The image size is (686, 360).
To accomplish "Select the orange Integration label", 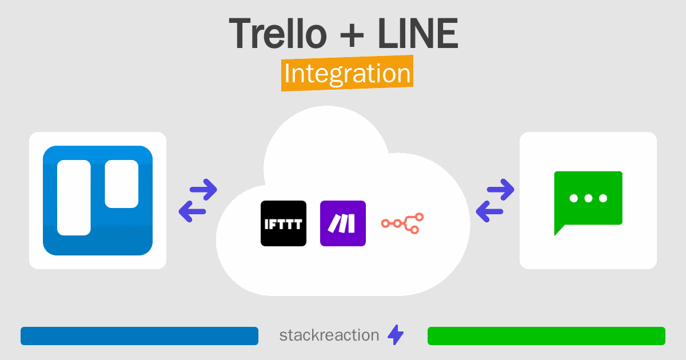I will (x=347, y=74).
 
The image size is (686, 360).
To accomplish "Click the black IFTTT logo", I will (x=283, y=223).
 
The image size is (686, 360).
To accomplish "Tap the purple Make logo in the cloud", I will (x=342, y=223).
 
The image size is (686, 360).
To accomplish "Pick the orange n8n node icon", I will (x=402, y=223).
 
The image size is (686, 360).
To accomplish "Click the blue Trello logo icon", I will (x=98, y=200).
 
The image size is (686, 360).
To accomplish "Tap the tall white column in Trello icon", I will (x=74, y=197).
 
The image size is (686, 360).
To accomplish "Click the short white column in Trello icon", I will (x=121, y=183).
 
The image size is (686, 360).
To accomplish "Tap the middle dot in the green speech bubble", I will (x=588, y=199).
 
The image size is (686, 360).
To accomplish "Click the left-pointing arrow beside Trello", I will (x=193, y=212).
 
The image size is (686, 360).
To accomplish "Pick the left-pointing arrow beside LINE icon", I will (x=490, y=212).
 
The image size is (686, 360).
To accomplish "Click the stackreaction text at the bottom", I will (x=329, y=335).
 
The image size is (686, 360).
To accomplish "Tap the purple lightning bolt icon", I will (x=396, y=335).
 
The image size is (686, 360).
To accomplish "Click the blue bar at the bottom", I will (x=139, y=336).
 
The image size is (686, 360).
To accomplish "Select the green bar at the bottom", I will (x=546, y=336).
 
